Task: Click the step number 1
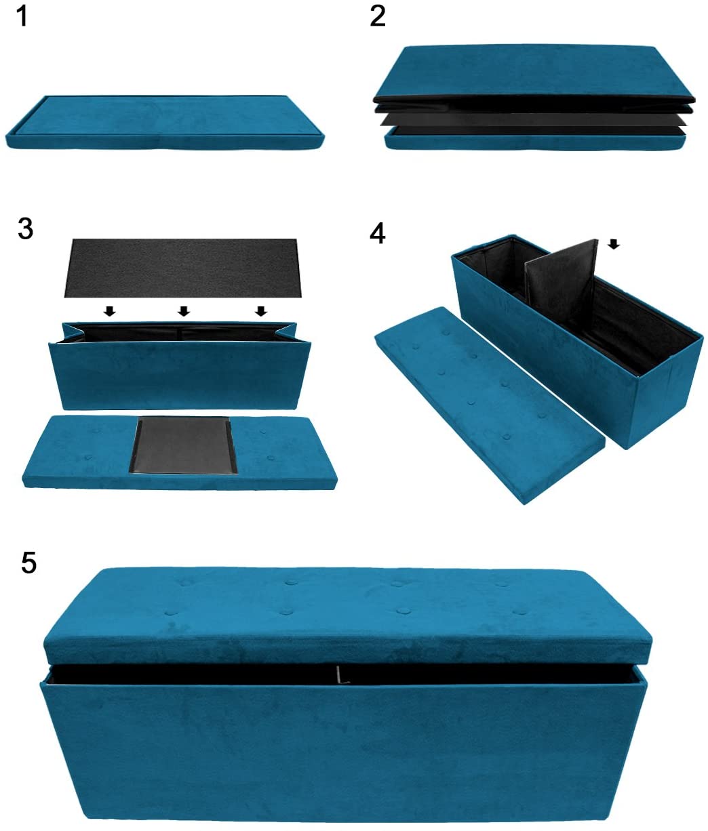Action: point(23,17)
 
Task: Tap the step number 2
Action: point(377,17)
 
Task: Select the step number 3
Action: point(25,229)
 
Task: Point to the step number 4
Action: point(377,233)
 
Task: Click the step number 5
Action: point(28,563)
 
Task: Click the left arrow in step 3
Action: point(109,310)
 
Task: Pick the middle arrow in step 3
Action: point(184,310)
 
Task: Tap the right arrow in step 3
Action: point(261,310)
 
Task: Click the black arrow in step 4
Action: point(614,244)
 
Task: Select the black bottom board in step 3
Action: point(183,268)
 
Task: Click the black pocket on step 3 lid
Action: point(183,445)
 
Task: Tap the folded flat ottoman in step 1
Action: point(165,123)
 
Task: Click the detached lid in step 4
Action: point(489,404)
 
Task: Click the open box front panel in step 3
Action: point(180,375)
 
